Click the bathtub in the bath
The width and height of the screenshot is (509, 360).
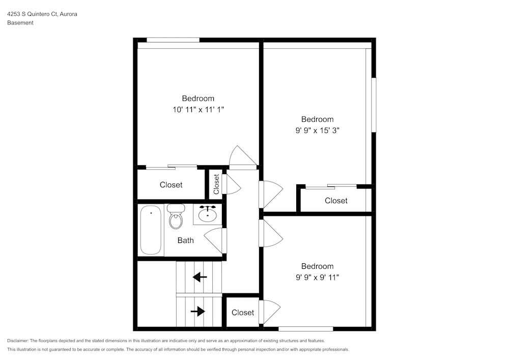click(151, 230)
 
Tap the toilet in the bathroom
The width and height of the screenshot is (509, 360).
click(176, 217)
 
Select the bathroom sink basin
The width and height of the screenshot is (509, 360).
click(208, 215)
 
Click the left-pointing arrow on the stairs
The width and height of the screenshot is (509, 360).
click(200, 278)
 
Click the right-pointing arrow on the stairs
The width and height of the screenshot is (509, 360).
click(197, 311)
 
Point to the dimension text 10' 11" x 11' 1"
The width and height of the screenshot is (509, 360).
click(198, 109)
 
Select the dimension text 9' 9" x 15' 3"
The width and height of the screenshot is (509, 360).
click(317, 130)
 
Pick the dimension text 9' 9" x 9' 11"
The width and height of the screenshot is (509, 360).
click(317, 277)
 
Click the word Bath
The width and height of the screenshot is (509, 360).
click(185, 240)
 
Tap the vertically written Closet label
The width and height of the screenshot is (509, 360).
click(216, 184)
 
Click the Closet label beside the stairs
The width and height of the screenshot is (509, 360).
click(242, 312)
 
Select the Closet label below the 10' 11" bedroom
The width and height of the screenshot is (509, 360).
click(171, 185)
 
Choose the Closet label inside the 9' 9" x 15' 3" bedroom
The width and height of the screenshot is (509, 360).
click(336, 201)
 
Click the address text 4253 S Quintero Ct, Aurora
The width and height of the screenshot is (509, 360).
click(42, 15)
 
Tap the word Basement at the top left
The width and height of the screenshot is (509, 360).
click(20, 23)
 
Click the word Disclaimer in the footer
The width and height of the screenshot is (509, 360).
click(18, 341)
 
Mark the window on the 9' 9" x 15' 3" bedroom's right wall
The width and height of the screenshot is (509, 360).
click(374, 104)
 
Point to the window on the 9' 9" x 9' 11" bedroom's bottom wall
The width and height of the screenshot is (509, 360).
click(305, 329)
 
